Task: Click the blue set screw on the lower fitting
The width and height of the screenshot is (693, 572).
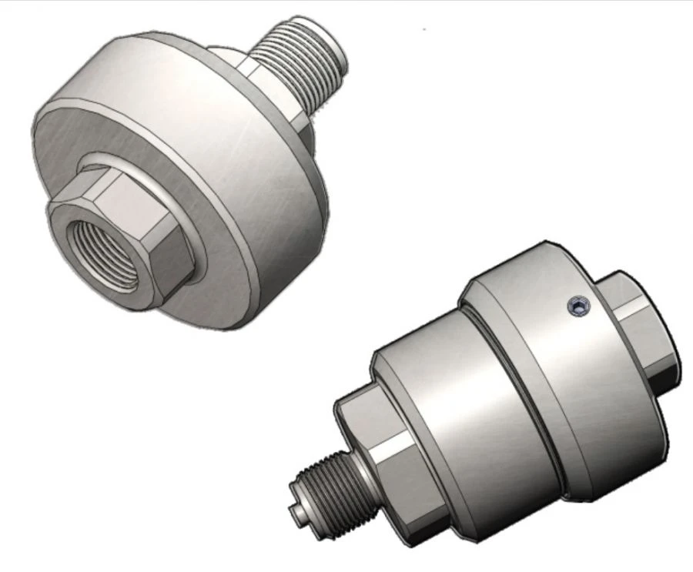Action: click(578, 307)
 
